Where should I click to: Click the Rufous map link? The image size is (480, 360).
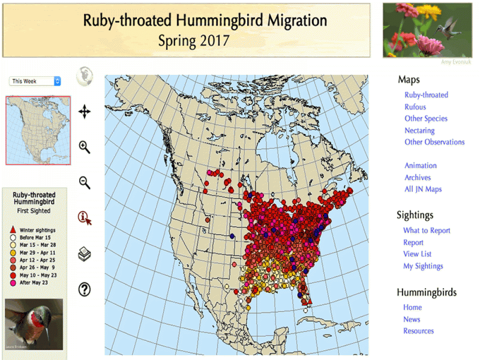(415, 107)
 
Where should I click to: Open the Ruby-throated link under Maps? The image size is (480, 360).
(426, 95)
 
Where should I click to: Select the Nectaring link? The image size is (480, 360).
(420, 131)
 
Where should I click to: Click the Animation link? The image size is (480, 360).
(420, 166)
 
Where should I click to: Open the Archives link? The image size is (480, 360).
(418, 178)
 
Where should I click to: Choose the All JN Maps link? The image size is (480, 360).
(423, 189)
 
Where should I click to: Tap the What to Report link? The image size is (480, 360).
(427, 230)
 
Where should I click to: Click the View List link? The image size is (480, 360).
(417, 254)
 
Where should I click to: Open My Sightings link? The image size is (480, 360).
(423, 266)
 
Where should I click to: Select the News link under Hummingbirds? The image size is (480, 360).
(412, 319)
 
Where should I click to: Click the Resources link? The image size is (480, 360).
(419, 331)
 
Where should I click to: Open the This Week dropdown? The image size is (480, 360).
(35, 81)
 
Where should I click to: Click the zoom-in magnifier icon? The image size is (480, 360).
(84, 147)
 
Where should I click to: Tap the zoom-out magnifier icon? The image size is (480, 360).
(84, 182)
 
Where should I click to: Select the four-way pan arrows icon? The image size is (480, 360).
(84, 112)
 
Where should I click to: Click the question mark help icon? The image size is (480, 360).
(84, 289)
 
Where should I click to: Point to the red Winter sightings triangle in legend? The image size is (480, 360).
(13, 230)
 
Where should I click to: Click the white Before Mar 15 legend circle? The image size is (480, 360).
(13, 237)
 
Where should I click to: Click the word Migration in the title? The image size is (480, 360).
(297, 21)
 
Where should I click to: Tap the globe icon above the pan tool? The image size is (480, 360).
(84, 76)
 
